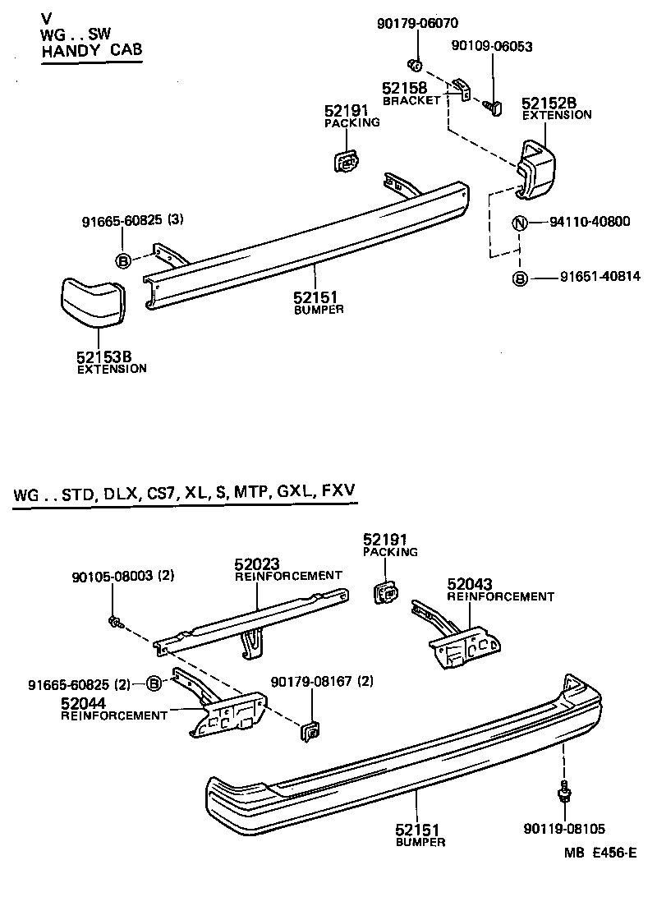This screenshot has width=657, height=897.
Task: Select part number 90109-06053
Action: pos(491,47)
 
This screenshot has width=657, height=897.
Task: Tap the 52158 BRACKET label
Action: pos(411,93)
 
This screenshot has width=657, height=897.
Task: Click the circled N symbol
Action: pos(520,222)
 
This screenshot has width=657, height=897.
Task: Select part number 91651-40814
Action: pos(590,278)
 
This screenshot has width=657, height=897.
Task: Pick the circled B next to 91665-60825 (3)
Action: pos(123,261)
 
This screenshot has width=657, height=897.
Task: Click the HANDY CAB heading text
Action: pos(91,51)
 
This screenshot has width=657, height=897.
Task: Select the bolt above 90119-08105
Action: pos(564,791)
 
